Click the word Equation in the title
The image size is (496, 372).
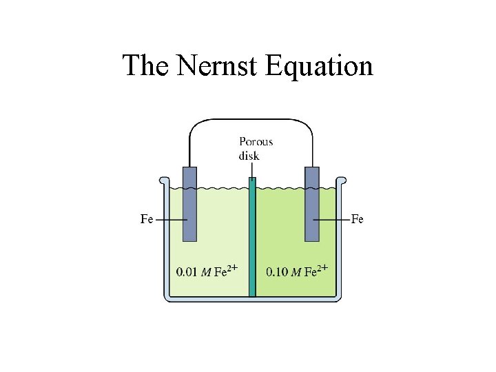click(x=319, y=65)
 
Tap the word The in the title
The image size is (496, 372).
click(x=146, y=65)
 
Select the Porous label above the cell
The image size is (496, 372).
click(x=256, y=141)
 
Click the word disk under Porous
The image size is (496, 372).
click(x=249, y=156)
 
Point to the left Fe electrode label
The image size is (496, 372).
click(x=147, y=219)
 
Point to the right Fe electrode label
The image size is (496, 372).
click(x=358, y=219)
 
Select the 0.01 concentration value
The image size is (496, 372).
click(x=187, y=271)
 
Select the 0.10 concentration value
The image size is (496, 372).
click(x=277, y=271)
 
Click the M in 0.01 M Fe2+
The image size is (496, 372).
click(x=205, y=272)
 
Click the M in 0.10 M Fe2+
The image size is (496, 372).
click(x=296, y=272)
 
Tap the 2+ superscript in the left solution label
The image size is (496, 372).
click(x=233, y=267)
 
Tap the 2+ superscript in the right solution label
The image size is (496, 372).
click(x=322, y=267)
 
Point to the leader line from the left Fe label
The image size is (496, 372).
click(x=172, y=220)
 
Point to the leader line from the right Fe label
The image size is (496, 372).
click(x=332, y=220)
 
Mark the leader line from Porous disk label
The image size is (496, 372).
click(x=251, y=170)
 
